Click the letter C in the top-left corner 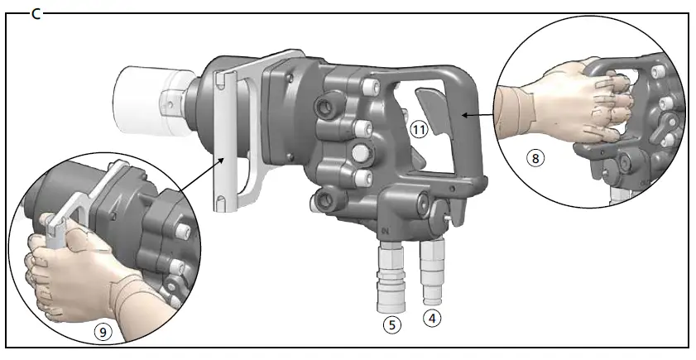coord(36,13)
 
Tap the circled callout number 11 coord(419,128)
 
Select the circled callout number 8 coord(536,158)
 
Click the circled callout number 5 coord(391,324)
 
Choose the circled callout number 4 coord(430,317)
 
